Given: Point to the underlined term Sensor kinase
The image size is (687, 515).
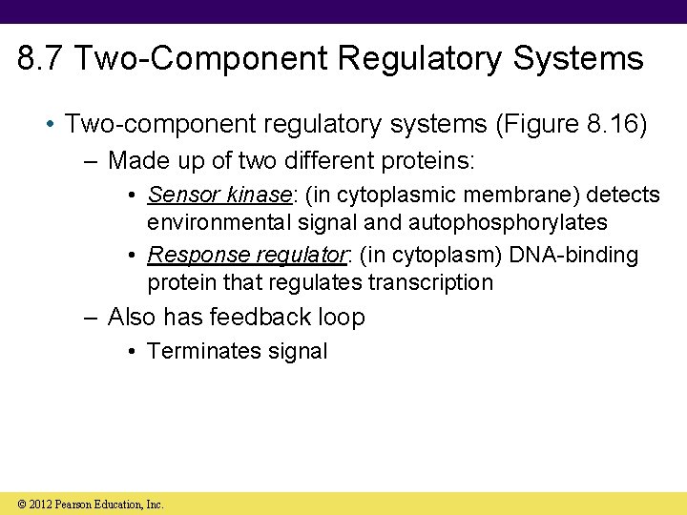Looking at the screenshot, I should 219,196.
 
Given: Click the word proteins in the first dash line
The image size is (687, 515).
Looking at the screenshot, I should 421,160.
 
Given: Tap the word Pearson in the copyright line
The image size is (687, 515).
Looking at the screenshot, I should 76,504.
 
